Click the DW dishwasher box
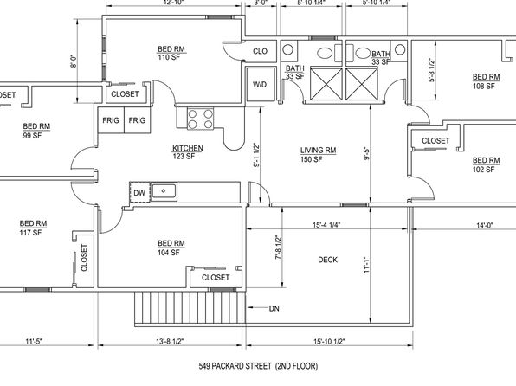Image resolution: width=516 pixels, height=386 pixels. click(x=140, y=192)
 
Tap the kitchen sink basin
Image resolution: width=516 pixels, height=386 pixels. click(x=164, y=191)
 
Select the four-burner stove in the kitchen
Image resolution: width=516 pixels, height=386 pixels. click(x=200, y=119)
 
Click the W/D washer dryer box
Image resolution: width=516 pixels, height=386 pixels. click(x=261, y=84)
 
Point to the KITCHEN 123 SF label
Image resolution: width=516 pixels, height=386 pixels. click(x=188, y=152)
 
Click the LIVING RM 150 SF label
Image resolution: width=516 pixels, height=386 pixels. click(x=318, y=155)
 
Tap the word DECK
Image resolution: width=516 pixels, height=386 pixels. click(x=327, y=260)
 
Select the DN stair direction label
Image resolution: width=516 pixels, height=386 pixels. click(x=274, y=308)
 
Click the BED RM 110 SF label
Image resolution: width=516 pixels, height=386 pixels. click(x=171, y=53)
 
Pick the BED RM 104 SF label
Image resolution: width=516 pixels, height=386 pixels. click(x=171, y=248)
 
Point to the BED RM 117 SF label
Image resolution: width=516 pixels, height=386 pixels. click(x=33, y=228)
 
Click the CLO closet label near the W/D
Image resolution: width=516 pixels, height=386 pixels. click(x=260, y=51)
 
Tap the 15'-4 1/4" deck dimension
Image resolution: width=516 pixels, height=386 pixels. click(x=326, y=225)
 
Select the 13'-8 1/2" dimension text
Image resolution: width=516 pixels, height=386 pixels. click(x=170, y=341)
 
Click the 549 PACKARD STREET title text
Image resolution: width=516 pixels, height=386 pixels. click(x=235, y=366)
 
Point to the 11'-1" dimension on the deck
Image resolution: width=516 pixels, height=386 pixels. click(x=367, y=265)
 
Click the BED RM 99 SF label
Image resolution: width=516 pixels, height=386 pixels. click(x=36, y=131)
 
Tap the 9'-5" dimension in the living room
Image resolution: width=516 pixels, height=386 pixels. click(x=366, y=153)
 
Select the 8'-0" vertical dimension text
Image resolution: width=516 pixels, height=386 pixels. click(x=74, y=61)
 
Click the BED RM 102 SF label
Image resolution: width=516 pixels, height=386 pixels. click(x=486, y=164)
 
